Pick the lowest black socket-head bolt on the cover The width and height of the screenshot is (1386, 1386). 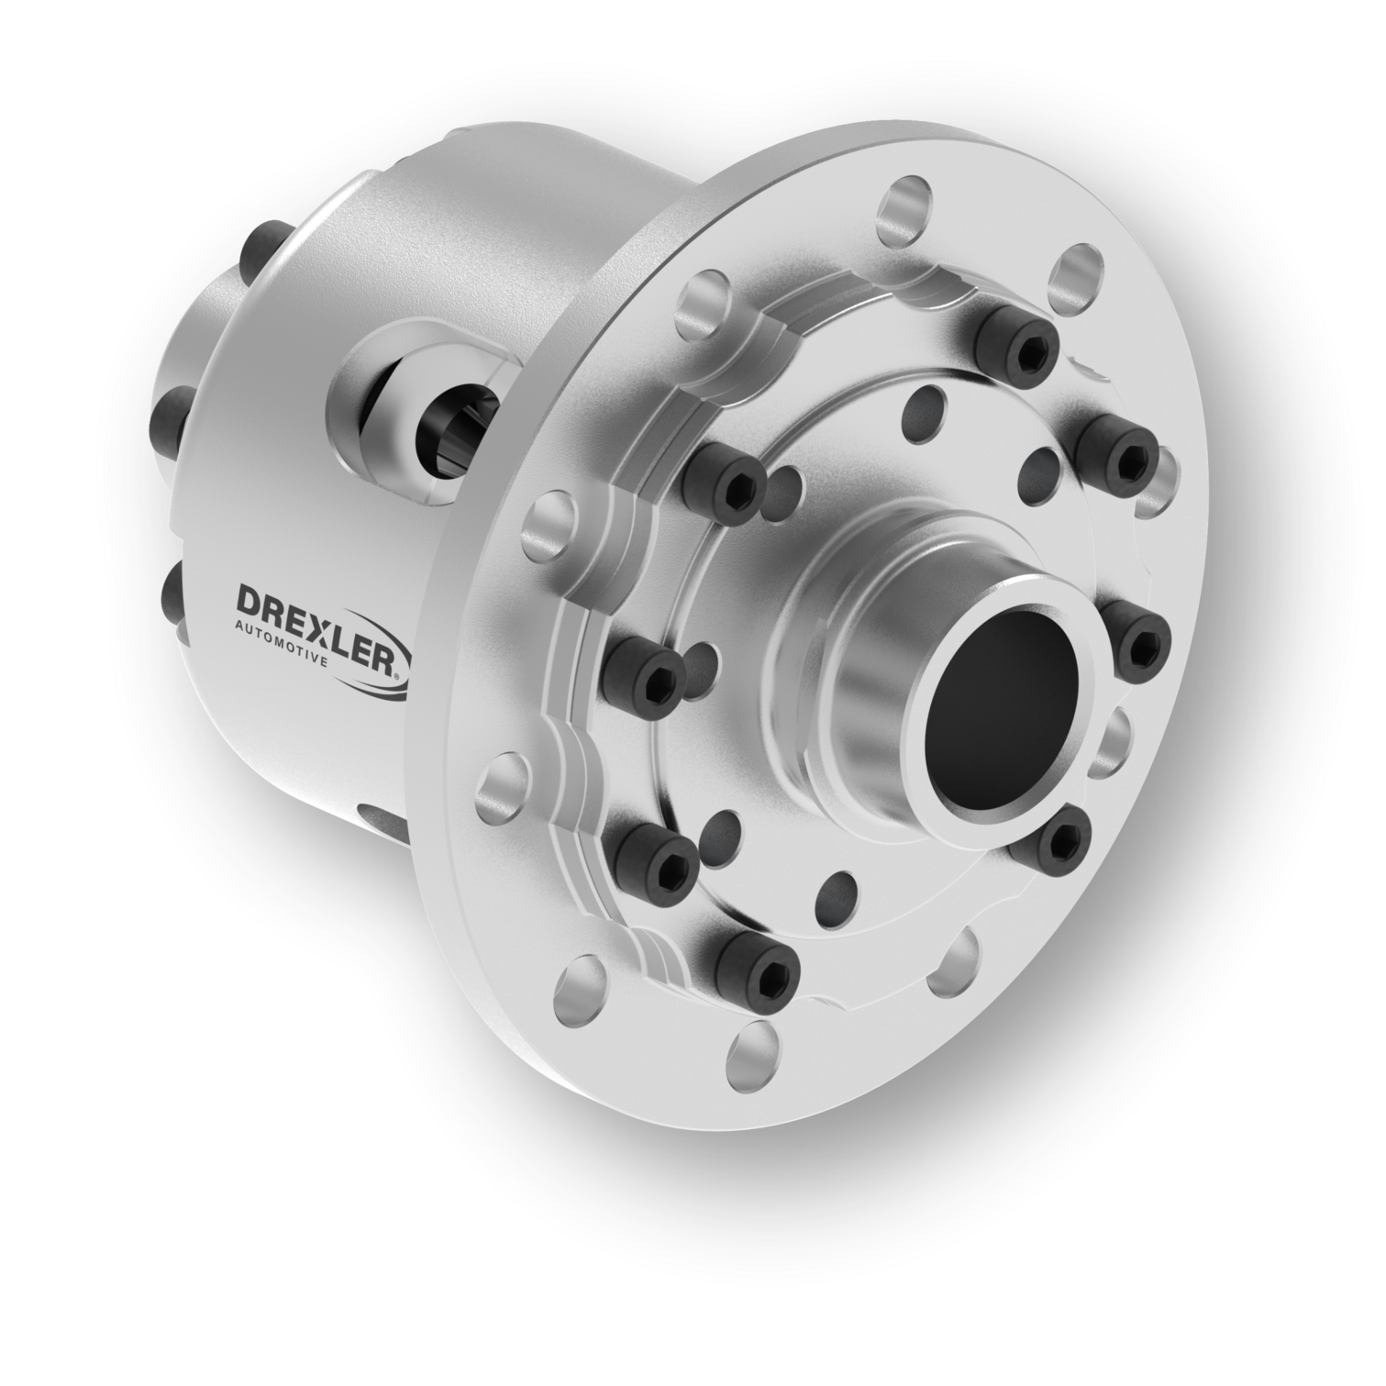(756, 966)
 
